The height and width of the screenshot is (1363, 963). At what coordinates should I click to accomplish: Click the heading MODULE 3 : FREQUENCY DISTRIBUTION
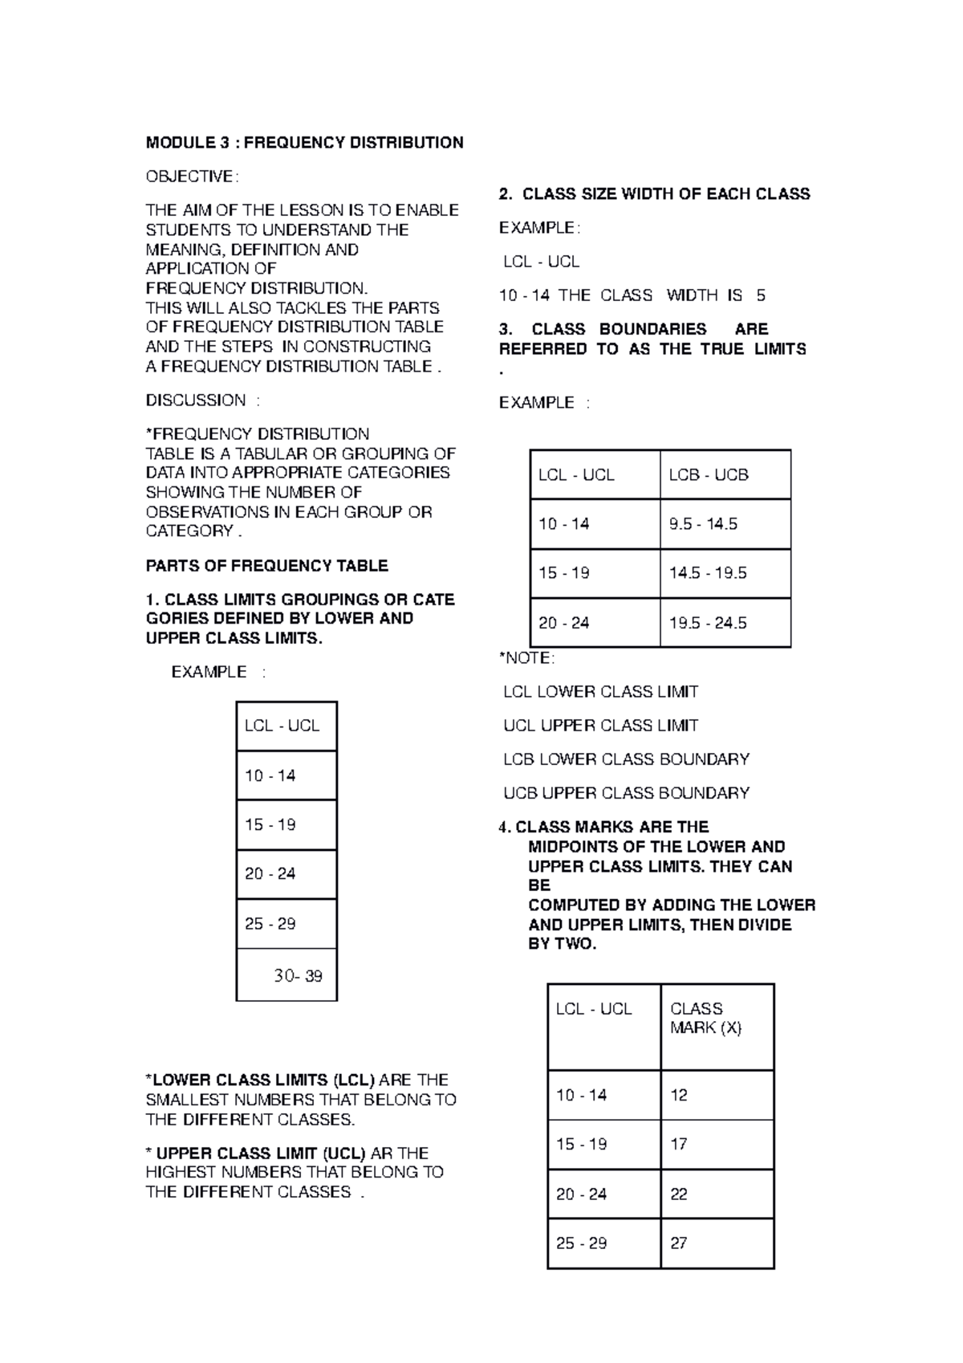point(304,143)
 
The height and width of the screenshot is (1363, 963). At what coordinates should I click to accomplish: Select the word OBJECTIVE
point(189,177)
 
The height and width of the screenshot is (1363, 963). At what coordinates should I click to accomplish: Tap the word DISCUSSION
point(196,401)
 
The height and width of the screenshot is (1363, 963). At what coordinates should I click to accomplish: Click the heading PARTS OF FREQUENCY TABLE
point(266,566)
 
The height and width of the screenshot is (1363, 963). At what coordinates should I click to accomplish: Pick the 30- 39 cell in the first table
point(298,976)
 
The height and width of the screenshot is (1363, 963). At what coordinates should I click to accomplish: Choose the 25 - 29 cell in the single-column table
point(270,924)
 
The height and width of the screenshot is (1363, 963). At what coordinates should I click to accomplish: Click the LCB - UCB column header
point(709,475)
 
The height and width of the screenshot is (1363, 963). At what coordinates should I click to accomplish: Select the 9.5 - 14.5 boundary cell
point(703,524)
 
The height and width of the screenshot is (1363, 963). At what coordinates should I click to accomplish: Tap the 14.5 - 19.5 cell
point(707,573)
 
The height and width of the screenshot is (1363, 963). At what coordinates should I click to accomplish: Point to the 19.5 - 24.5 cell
point(707,623)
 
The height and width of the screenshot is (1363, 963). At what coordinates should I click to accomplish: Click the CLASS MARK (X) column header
point(705,1019)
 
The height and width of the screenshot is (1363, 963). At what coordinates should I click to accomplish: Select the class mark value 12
point(679,1096)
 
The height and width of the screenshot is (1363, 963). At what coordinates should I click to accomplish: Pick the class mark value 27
point(679,1243)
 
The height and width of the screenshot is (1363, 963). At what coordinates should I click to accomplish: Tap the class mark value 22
point(679,1194)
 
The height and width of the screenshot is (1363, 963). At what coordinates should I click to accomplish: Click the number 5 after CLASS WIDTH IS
point(760,295)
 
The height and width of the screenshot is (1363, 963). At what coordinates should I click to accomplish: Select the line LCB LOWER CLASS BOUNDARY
point(626,759)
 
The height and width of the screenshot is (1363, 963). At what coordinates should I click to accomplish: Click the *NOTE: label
point(526,658)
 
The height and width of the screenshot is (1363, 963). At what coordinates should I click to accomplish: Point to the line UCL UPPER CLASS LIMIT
point(600,726)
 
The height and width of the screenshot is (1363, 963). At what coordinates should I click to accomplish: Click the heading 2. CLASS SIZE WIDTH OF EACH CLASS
point(654,194)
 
